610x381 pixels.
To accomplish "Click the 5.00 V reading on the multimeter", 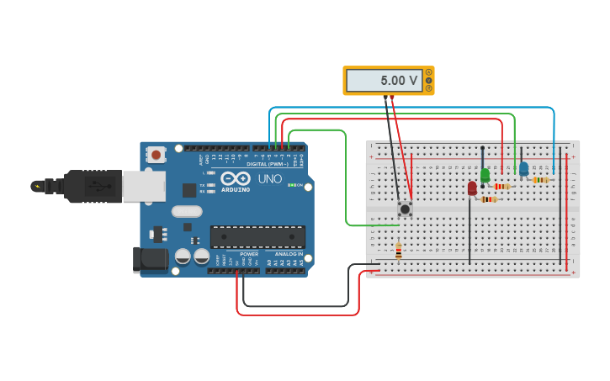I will click(399, 81).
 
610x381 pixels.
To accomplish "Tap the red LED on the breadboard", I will click(472, 188).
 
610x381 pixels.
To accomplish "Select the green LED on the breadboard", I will click(485, 176).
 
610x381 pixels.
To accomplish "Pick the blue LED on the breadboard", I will click(523, 169).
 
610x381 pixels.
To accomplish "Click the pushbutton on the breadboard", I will click(405, 208).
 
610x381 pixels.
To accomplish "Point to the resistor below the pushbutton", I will click(399, 251).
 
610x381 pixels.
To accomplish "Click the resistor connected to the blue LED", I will click(540, 180).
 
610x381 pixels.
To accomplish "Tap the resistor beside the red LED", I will click(489, 199).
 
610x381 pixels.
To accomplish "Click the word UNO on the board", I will click(269, 178).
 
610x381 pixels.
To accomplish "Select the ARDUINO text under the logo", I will click(236, 190).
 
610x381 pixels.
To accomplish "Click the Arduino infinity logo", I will click(236, 178).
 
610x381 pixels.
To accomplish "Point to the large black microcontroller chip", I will click(257, 236).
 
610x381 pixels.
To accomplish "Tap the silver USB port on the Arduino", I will click(143, 187).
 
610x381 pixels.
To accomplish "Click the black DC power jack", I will click(151, 259).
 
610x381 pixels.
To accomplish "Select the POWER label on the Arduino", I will click(249, 254).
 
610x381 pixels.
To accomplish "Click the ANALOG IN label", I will click(289, 254).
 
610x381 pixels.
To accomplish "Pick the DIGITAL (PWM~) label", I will click(268, 164).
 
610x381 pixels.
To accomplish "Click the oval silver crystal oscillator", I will click(187, 212).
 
